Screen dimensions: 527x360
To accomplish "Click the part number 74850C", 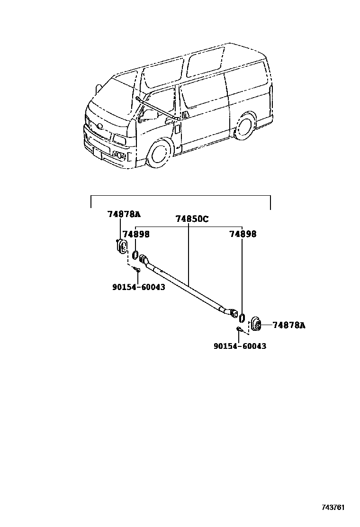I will pyautogui.click(x=192, y=219).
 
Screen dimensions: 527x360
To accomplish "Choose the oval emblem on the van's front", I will pyautogui.click(x=99, y=126).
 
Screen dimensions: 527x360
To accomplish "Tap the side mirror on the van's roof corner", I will pyautogui.click(x=98, y=88).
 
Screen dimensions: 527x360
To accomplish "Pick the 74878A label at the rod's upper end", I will pyautogui.click(x=124, y=214).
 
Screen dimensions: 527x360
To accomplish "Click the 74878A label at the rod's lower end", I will pyautogui.click(x=289, y=325).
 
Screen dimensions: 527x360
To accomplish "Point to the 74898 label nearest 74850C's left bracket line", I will pyautogui.click(x=136, y=234).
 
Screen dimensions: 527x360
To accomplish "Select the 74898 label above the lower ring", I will pyautogui.click(x=243, y=234).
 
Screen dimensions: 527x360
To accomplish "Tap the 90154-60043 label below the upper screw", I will pyautogui.click(x=139, y=287).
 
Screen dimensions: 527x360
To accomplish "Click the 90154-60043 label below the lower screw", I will pyautogui.click(x=239, y=346).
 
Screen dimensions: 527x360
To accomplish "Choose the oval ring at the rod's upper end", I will pyautogui.click(x=135, y=255).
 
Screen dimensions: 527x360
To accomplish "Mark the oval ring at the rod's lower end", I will pyautogui.click(x=242, y=317).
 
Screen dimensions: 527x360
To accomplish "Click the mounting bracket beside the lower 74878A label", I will pyautogui.click(x=256, y=324).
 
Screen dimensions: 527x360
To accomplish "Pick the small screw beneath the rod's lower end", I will pyautogui.click(x=239, y=329).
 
